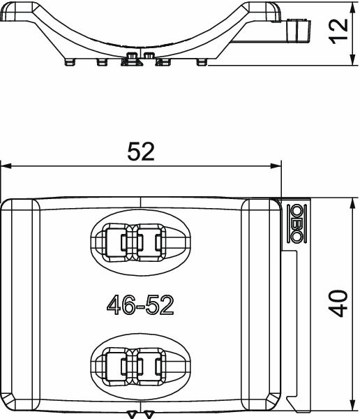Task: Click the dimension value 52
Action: click(x=141, y=152)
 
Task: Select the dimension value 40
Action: click(x=340, y=304)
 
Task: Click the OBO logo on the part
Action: click(x=296, y=223)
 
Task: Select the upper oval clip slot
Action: click(x=140, y=242)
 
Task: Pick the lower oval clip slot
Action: click(x=140, y=364)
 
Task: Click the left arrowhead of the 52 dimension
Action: click(x=6, y=166)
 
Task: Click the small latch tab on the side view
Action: click(x=299, y=29)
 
